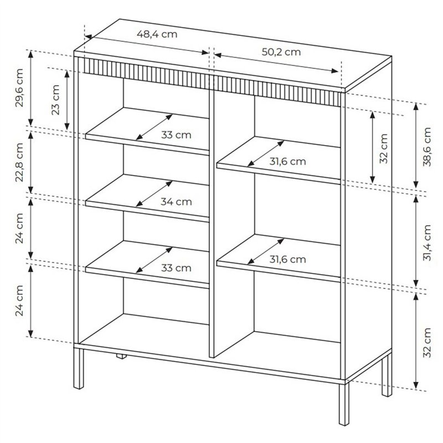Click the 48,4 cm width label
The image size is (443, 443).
[x=157, y=34]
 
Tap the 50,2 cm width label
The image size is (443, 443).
[x=281, y=52]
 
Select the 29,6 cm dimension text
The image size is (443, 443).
[x=19, y=88]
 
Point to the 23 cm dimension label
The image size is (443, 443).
[x=56, y=100]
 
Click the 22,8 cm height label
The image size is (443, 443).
[x=19, y=162]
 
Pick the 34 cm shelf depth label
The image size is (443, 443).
[x=176, y=202]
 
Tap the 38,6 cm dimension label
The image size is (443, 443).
[x=427, y=147]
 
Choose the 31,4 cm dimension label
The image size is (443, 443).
[x=427, y=243]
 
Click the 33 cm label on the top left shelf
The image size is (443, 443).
[x=176, y=135]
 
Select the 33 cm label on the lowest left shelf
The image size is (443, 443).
[x=176, y=268]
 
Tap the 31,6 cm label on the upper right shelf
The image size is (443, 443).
[x=287, y=162]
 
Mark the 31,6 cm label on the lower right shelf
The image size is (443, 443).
[x=287, y=259]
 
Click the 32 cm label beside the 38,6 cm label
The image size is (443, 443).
[x=383, y=148]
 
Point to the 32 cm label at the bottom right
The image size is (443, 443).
[x=427, y=343]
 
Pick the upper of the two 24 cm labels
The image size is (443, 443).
[x=19, y=228]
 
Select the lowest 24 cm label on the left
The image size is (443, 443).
[x=19, y=301]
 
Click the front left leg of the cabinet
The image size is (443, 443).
[x=79, y=368]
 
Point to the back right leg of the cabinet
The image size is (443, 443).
[x=387, y=374]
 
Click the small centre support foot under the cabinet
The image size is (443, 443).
[x=121, y=356]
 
